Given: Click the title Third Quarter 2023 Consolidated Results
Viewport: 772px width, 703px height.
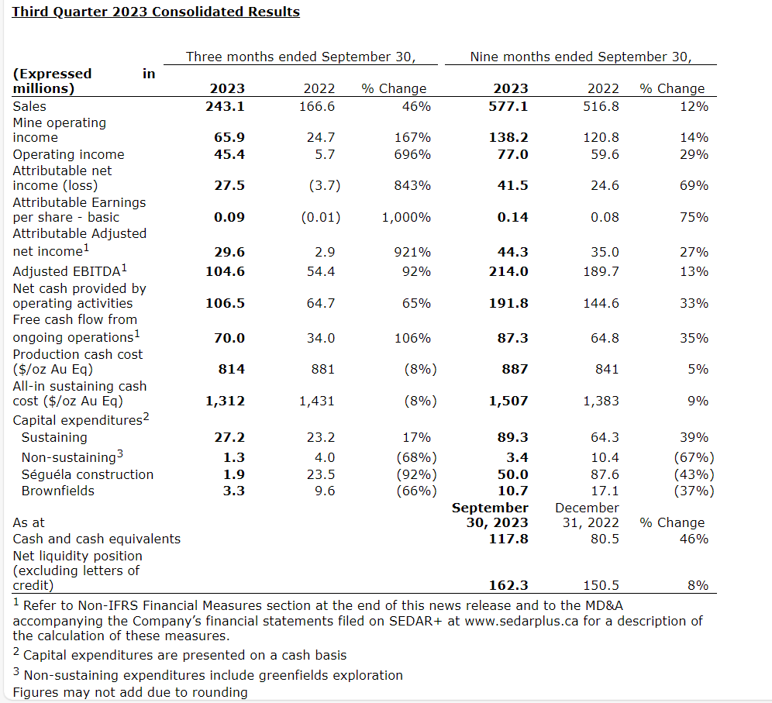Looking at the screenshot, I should click(x=156, y=12).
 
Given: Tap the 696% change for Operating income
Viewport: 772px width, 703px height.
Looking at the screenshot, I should click(x=412, y=154).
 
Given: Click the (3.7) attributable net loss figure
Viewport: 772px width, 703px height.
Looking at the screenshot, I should click(x=320, y=185).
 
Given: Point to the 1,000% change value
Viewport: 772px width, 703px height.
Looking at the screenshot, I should click(x=406, y=217).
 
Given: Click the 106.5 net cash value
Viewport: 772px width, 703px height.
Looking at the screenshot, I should click(x=225, y=303).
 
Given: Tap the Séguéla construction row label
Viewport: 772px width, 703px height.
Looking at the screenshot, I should click(x=88, y=474).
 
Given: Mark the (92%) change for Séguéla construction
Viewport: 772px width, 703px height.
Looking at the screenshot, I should click(x=416, y=474).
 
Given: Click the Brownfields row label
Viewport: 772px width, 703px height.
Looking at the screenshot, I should click(x=58, y=491).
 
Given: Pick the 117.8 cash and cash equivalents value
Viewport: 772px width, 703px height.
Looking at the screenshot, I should click(x=508, y=539).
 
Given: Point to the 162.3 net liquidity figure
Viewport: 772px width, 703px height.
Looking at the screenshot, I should click(x=508, y=585).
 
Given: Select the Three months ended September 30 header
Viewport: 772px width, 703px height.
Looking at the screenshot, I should click(x=302, y=57).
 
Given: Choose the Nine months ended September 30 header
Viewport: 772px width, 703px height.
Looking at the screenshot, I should click(x=581, y=57).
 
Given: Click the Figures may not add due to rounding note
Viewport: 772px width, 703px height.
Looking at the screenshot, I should click(x=130, y=692).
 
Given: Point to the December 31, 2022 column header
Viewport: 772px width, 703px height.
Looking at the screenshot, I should click(x=587, y=515).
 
